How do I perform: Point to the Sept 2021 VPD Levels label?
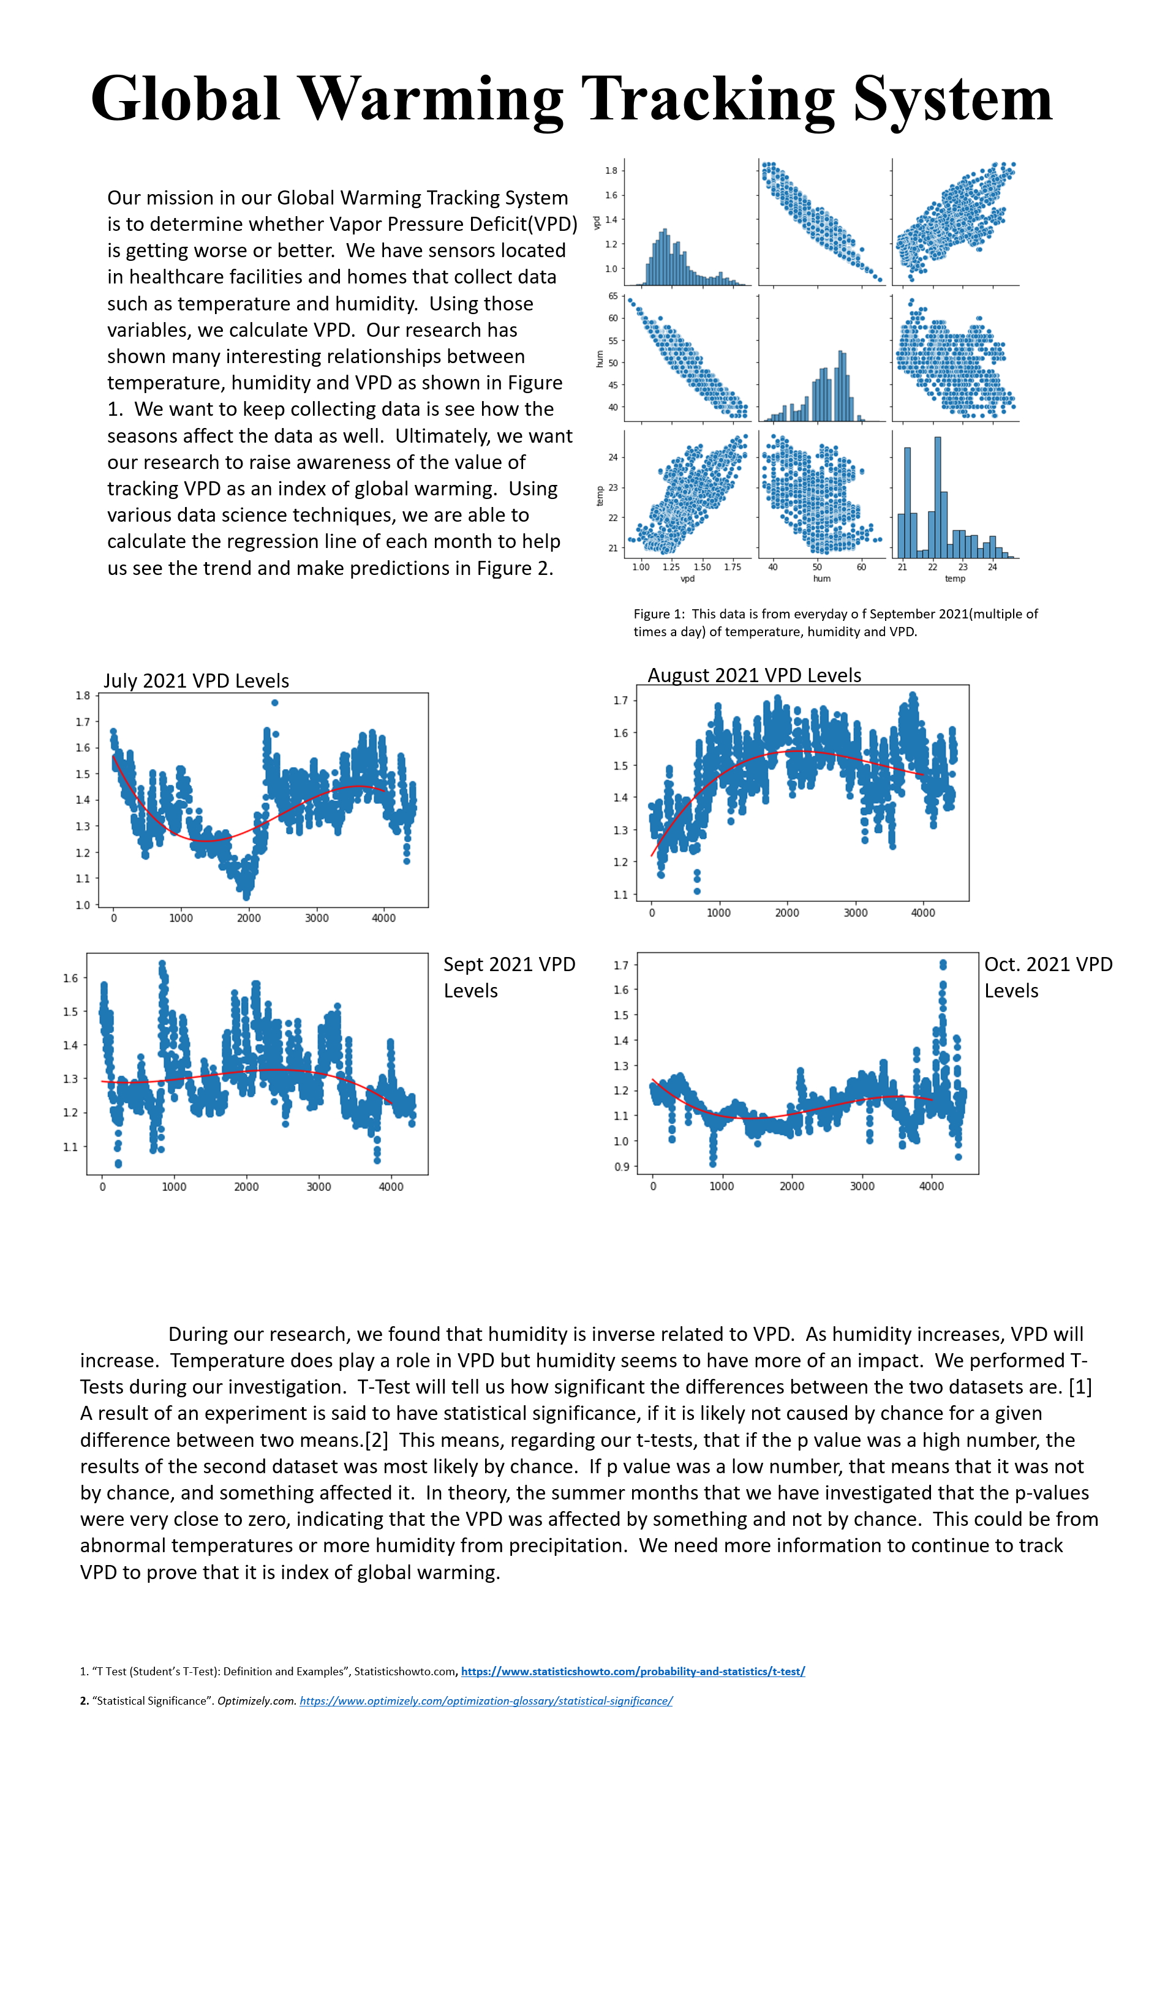coord(509,977)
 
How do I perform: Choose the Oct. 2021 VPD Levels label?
coord(1048,977)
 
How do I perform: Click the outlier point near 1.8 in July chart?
coord(275,703)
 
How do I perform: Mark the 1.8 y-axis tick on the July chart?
coord(83,696)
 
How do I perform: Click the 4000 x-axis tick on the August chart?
coord(922,913)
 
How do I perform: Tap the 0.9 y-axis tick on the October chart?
coord(621,1167)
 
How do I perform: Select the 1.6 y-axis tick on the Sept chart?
coord(70,978)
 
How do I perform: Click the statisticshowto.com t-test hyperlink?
coord(633,1672)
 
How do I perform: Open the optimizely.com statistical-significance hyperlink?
coord(486,1701)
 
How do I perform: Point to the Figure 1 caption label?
coord(658,614)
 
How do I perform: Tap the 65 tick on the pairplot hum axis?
coord(613,296)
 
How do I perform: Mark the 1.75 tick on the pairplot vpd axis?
coord(732,567)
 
